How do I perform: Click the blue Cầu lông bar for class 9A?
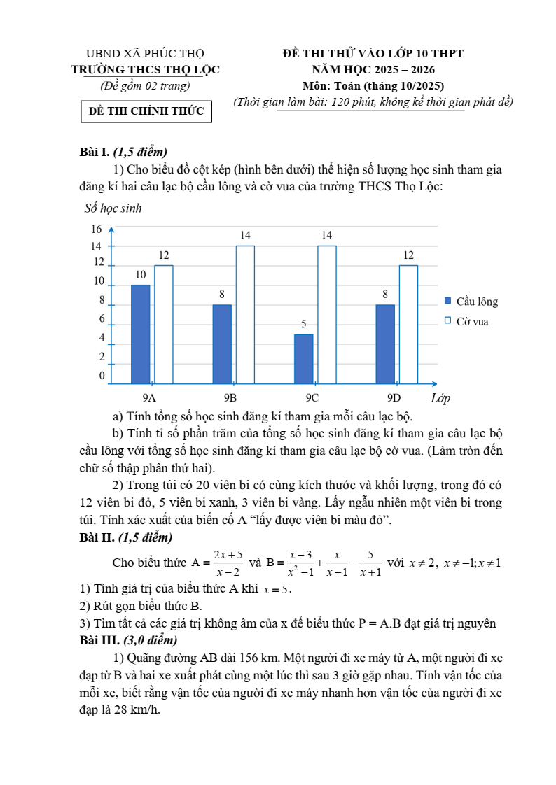[140, 334]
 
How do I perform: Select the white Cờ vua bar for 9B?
[245, 314]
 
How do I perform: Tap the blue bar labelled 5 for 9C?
[303, 358]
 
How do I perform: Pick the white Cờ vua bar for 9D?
[408, 324]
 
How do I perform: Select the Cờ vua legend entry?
[466, 321]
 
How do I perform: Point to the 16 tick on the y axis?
[97, 229]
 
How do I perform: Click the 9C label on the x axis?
[312, 397]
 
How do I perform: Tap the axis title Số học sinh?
[112, 208]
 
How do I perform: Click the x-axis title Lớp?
[440, 398]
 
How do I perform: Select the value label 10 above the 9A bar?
[140, 276]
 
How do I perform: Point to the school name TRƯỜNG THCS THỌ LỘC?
[145, 69]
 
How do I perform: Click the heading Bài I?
[95, 152]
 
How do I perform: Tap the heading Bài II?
[97, 537]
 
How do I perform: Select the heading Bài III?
[99, 640]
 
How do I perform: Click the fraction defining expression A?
[226, 563]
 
